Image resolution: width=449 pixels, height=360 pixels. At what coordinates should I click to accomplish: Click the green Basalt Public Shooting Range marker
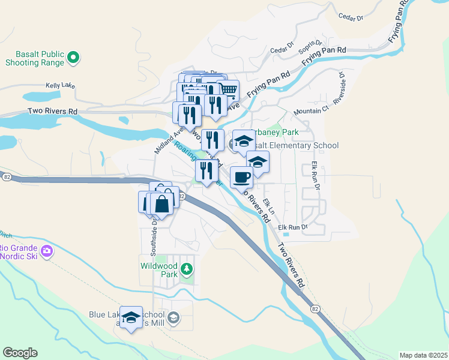click(73, 58)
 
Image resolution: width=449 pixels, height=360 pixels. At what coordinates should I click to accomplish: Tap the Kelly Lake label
click(61, 86)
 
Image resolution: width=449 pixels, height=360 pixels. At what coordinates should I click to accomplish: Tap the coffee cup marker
click(242, 178)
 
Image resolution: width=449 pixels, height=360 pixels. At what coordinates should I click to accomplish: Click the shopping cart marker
click(228, 90)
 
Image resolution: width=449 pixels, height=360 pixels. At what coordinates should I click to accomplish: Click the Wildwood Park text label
click(159, 269)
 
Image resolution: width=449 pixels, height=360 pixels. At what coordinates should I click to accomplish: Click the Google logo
click(20, 353)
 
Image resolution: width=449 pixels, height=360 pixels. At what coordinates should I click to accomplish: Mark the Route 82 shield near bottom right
click(315, 308)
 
